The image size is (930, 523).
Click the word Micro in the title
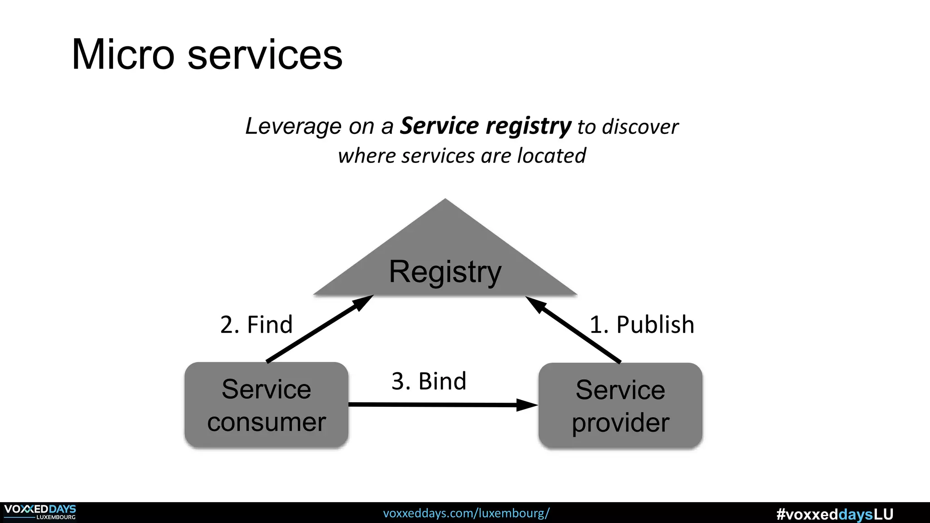coord(123,54)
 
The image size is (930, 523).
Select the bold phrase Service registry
coord(485,126)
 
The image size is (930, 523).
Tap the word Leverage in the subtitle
coord(293,126)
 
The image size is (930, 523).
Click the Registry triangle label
coord(445,271)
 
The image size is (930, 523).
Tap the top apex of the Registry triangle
coord(445,201)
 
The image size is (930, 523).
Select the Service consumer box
coord(267,405)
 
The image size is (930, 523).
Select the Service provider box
coord(620,405)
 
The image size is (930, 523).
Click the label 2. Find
coord(256,325)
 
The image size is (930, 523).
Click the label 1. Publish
coord(642,325)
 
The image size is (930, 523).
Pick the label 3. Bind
coord(429,381)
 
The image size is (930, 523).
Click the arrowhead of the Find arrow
coord(364,301)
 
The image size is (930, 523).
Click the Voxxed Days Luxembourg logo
coord(40,512)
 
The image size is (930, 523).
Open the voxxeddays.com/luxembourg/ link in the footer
coord(466,513)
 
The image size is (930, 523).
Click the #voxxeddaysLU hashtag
coord(835,514)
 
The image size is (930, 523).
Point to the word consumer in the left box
coord(267,422)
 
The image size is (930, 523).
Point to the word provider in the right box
coord(620,423)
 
